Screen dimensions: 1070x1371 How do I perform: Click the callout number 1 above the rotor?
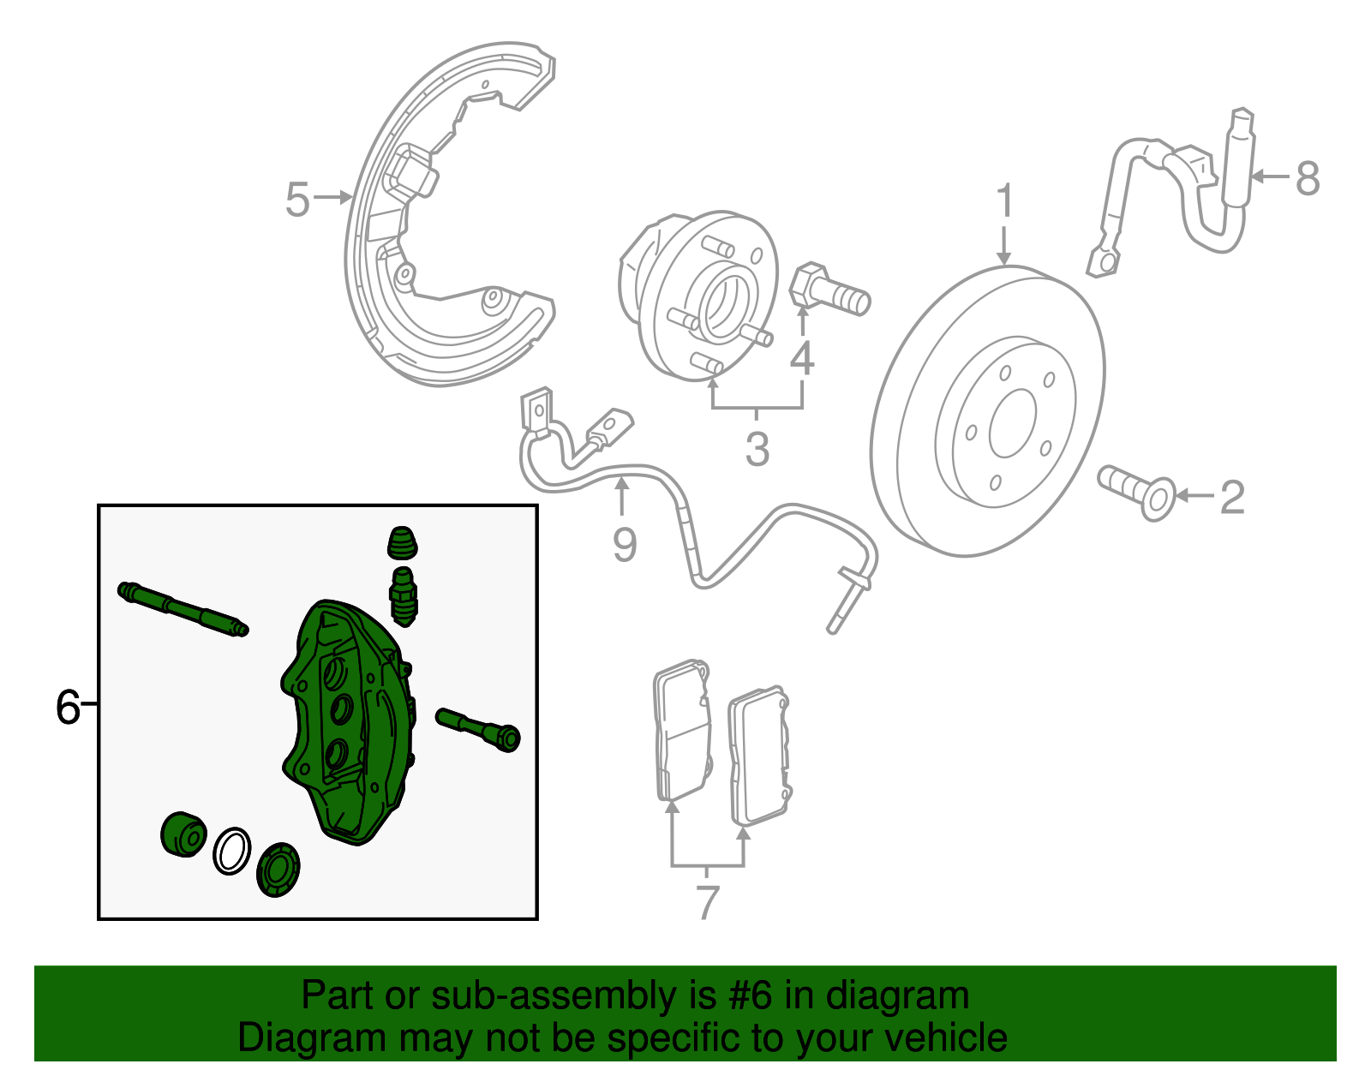click(1004, 202)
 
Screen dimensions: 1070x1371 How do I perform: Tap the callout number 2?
click(1231, 497)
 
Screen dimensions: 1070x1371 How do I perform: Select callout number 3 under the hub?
click(757, 449)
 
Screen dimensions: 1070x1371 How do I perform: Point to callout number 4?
click(802, 358)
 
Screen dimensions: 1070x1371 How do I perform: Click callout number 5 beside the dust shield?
click(296, 200)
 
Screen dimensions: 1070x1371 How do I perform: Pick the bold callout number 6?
click(67, 708)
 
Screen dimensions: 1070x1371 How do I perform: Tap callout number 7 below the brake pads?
click(707, 902)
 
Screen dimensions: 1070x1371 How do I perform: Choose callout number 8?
click(1307, 179)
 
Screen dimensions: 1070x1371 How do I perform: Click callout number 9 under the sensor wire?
click(625, 544)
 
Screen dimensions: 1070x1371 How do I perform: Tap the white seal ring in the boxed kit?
click(231, 851)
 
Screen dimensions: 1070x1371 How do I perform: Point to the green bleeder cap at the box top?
click(402, 543)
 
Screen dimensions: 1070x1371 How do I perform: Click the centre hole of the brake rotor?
click(1012, 424)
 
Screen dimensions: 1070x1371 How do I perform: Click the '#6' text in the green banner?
click(751, 996)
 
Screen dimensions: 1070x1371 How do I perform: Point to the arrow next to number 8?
click(1270, 177)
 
